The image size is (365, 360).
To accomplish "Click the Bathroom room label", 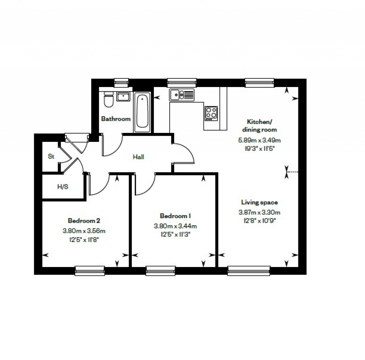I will click(x=116, y=119).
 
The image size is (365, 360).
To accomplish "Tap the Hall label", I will click(x=138, y=156).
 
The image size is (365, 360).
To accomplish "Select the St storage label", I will click(x=51, y=156).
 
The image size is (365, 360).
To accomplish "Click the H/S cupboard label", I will click(x=63, y=186).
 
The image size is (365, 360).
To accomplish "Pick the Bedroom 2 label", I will click(x=84, y=220).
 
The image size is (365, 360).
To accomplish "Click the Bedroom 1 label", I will click(x=176, y=216).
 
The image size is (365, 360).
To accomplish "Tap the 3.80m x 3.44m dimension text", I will click(x=176, y=226).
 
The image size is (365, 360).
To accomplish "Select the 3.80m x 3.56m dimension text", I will click(x=84, y=231).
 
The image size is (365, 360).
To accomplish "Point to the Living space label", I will click(x=259, y=202).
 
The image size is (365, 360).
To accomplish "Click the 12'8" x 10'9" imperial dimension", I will click(x=259, y=220).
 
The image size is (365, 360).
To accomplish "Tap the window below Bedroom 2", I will click(x=89, y=271).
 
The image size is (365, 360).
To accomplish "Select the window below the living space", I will click(x=249, y=271).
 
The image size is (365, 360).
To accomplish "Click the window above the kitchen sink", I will click(x=181, y=82).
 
